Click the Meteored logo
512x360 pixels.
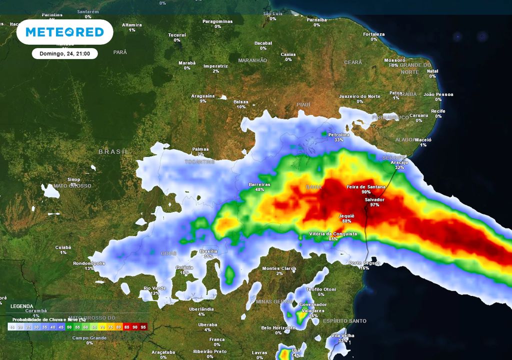pyautogui.click(x=64, y=32)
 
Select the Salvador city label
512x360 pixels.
pyautogui.click(x=374, y=199)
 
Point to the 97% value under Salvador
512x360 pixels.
pyautogui.click(x=374, y=204)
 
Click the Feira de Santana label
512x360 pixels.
pyautogui.click(x=366, y=186)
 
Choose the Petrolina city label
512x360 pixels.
pyautogui.click(x=339, y=134)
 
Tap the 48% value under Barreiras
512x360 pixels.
pyautogui.click(x=259, y=189)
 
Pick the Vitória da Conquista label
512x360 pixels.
pyautogui.click(x=333, y=233)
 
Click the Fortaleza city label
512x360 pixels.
pyautogui.click(x=374, y=34)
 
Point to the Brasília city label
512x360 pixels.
pyautogui.click(x=208, y=251)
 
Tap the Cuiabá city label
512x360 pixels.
pyautogui.click(x=63, y=247)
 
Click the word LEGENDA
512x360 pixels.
pyautogui.click(x=22, y=306)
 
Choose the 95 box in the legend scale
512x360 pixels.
pyautogui.click(x=144, y=327)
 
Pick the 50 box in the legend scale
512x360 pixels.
pyautogui.click(x=69, y=327)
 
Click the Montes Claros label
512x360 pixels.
pyautogui.click(x=279, y=268)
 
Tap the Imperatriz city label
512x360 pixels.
pyautogui.click(x=216, y=66)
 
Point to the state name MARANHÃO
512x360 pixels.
pyautogui.click(x=252, y=60)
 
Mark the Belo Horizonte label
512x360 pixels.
pyautogui.click(x=278, y=327)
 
